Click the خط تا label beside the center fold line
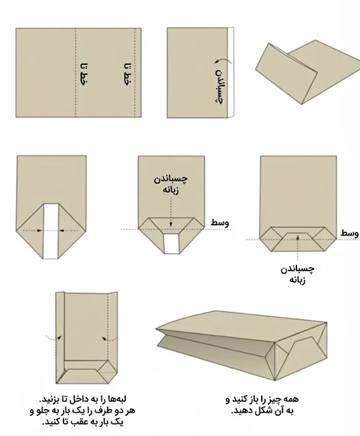click(84, 74)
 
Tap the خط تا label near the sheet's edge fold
click(127, 74)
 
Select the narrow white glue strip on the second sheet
click(230, 72)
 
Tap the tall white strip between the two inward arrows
click(51, 232)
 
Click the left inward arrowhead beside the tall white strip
click(39, 230)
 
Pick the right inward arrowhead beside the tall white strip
click(62, 230)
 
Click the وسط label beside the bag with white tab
click(220, 223)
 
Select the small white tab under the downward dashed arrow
click(171, 243)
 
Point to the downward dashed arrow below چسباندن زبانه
click(171, 211)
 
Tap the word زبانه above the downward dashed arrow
click(171, 190)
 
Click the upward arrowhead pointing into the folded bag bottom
click(298, 238)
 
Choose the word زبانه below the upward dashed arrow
click(298, 280)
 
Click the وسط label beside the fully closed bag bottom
click(350, 233)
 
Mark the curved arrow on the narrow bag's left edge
click(53, 338)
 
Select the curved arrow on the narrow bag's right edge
click(110, 339)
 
